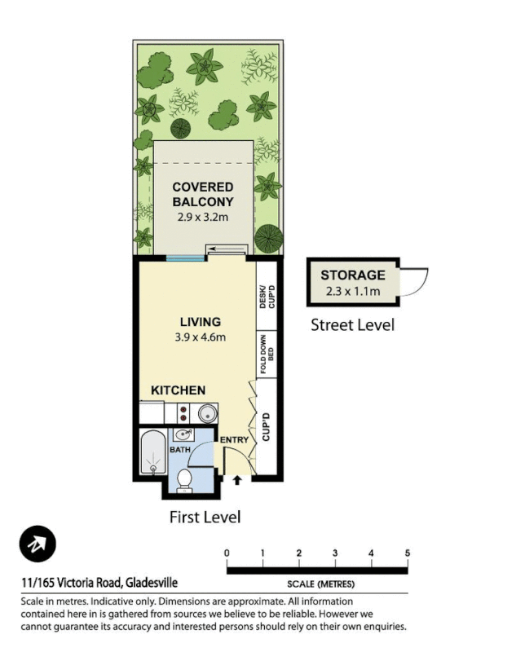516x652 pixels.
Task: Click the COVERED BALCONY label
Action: pyautogui.click(x=203, y=194)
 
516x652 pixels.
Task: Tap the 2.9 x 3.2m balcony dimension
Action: pyautogui.click(x=203, y=218)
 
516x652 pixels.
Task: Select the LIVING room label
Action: pyautogui.click(x=201, y=322)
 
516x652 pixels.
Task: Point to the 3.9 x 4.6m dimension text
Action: pyautogui.click(x=201, y=337)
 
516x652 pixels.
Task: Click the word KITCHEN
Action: pyautogui.click(x=178, y=390)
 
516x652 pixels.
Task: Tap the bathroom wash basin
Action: pyautogui.click(x=183, y=434)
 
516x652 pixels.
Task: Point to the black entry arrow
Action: pyautogui.click(x=237, y=480)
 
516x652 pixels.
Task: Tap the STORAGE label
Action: pyautogui.click(x=352, y=275)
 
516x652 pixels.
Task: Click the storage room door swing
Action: pyautogui.click(x=414, y=282)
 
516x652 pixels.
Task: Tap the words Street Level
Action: pyautogui.click(x=352, y=325)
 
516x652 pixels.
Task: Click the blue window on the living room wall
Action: pyautogui.click(x=186, y=259)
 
